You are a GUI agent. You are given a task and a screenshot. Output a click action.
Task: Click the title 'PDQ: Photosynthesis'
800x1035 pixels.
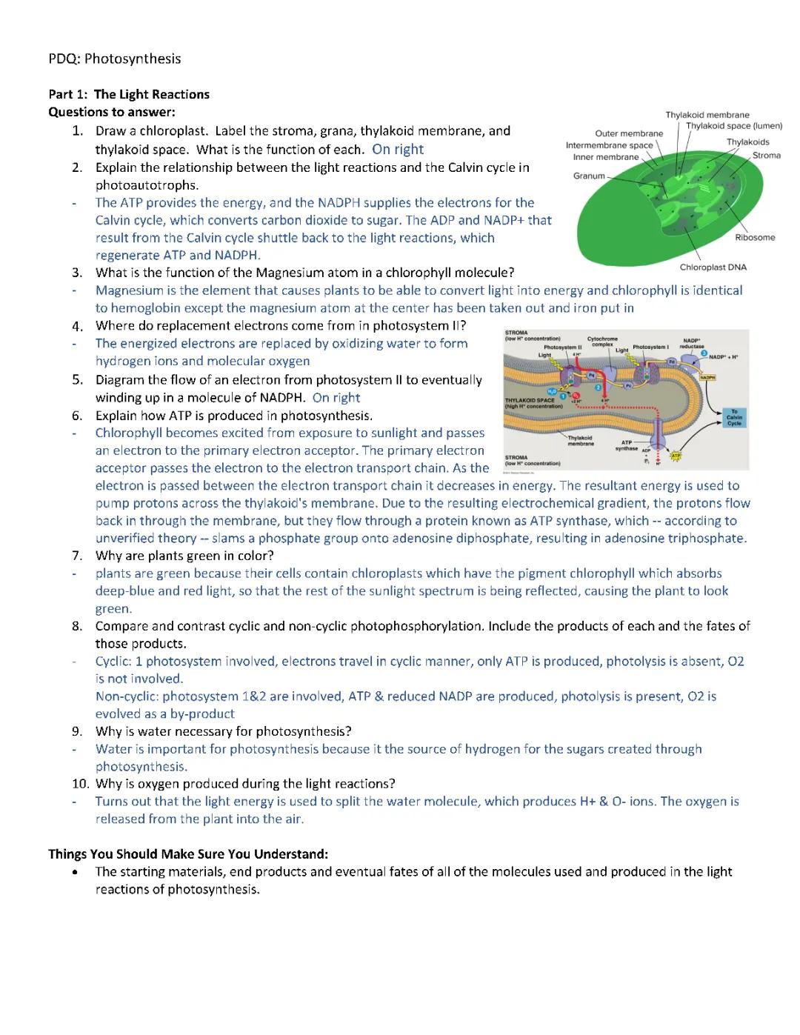[x=115, y=59]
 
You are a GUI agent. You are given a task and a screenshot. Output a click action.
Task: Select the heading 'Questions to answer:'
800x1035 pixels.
[x=112, y=112]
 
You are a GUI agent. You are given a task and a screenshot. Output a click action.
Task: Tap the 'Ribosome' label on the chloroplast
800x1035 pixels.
[x=755, y=238]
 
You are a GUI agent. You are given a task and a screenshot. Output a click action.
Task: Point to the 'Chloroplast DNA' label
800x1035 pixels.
[x=713, y=267]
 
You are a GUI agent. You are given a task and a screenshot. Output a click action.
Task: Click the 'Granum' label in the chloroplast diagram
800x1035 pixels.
[x=589, y=176]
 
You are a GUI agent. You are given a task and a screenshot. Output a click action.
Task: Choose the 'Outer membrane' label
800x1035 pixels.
[x=629, y=133]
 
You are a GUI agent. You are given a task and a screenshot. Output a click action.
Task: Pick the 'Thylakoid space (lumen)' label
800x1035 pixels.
[x=733, y=126]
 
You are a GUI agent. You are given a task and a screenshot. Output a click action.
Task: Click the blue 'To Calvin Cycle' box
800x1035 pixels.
[x=734, y=418]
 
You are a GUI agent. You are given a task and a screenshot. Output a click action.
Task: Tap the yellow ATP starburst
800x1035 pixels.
[x=675, y=456]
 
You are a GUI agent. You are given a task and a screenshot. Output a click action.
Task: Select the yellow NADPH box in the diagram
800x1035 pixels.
[x=707, y=378]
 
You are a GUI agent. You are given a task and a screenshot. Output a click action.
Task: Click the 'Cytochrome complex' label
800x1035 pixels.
[x=602, y=342]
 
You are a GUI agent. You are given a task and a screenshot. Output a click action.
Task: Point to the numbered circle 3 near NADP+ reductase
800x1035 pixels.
[x=704, y=353]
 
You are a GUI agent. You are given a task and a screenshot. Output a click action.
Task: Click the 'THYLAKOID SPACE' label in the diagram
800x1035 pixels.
[x=530, y=401]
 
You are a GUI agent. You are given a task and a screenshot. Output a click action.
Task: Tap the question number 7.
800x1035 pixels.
[x=77, y=556]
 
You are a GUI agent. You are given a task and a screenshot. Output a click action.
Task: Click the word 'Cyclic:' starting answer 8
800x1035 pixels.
[x=113, y=661]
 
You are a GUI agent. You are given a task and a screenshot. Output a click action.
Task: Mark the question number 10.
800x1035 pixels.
[x=80, y=784]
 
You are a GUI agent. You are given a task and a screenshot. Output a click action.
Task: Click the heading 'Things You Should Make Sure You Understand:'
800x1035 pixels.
[x=188, y=853]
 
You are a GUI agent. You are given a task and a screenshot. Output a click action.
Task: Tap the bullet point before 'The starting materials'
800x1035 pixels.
[x=76, y=872]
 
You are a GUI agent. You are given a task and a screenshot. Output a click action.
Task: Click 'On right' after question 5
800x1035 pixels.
[x=336, y=398]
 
